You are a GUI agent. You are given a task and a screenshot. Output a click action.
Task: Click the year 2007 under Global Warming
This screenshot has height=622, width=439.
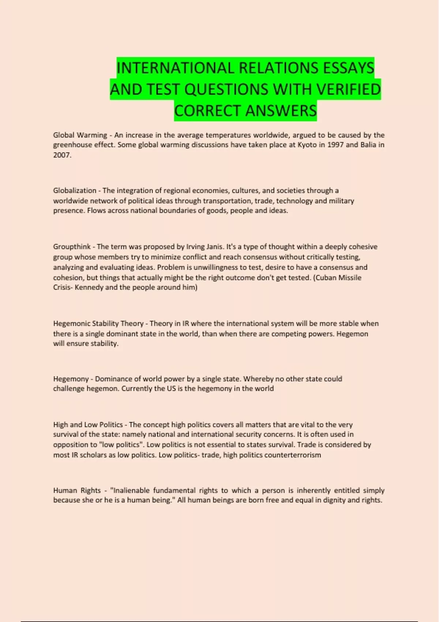click(61, 155)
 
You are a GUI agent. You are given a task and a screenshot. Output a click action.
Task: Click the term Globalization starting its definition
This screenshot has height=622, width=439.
click(75, 191)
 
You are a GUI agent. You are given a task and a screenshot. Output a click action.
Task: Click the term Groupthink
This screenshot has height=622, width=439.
click(72, 247)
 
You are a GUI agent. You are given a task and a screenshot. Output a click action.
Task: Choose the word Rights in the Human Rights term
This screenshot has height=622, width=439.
click(90, 491)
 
